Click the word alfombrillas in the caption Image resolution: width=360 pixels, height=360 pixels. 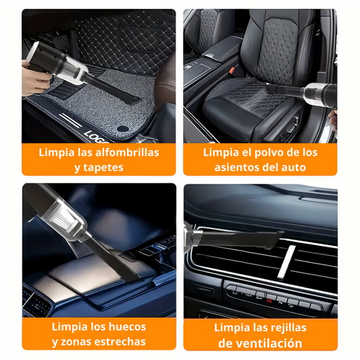(127, 153)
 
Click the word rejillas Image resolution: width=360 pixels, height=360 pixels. (288, 328)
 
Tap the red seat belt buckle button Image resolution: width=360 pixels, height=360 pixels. (232, 70)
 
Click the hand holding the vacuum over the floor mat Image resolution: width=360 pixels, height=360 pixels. (34, 77)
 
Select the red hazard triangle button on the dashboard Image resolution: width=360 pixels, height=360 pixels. (269, 301)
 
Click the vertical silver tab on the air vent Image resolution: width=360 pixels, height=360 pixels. (286, 262)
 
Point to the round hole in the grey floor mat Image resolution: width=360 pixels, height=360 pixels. (122, 128)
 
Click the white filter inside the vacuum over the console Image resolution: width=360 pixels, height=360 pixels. (67, 218)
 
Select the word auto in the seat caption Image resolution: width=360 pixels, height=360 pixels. (294, 168)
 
